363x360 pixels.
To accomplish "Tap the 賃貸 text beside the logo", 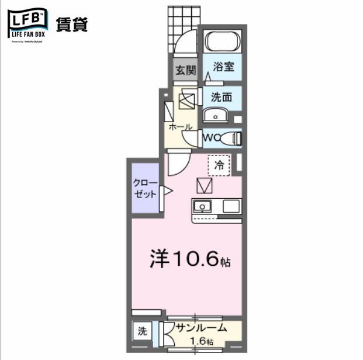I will click(x=72, y=24).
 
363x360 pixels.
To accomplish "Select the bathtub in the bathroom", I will click(x=223, y=43).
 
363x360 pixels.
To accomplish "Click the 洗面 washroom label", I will click(x=222, y=96).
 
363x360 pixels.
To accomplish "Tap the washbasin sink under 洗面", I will click(x=216, y=116).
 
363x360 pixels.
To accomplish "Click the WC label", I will click(x=212, y=138).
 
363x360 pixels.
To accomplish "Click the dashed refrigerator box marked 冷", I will click(x=219, y=165).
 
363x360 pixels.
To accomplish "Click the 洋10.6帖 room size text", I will click(x=189, y=259).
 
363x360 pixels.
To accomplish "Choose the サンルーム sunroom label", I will click(x=198, y=328).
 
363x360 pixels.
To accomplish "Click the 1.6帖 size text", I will click(x=202, y=341).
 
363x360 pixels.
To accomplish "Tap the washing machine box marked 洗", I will click(x=142, y=331).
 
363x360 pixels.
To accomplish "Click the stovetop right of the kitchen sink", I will click(x=230, y=206).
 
